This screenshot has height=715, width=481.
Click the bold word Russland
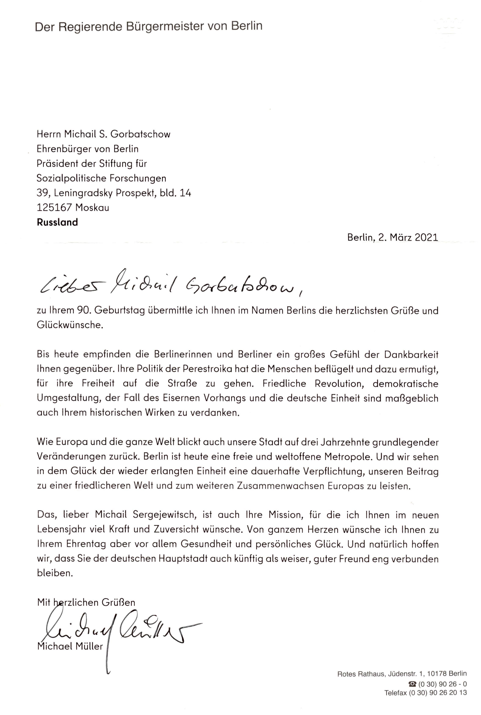point(57,222)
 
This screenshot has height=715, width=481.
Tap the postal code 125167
point(55,208)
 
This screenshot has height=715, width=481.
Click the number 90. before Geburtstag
point(83,311)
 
